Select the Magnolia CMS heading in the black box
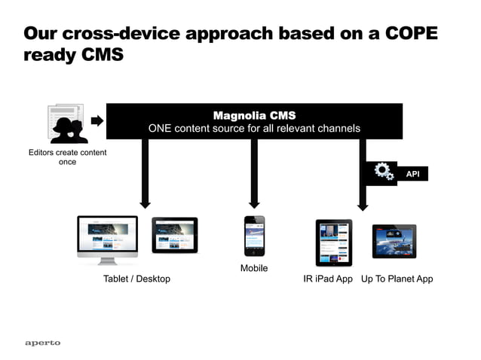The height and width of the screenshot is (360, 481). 254,115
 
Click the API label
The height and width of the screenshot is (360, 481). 412,174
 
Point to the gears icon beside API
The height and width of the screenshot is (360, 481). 384,172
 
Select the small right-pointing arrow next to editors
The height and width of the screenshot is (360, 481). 97,121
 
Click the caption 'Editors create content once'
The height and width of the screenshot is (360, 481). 67,157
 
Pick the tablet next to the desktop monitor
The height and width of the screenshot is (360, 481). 174,235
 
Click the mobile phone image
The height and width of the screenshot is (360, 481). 254,236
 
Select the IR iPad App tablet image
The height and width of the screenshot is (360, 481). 333,242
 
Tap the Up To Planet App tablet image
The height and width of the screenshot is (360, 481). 394,241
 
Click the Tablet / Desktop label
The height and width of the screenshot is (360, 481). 136,279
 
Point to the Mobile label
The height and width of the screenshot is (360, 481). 254,268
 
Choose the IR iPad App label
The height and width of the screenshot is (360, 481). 328,279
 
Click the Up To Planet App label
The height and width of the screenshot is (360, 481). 397,279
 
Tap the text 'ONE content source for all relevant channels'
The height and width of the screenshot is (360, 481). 254,129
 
